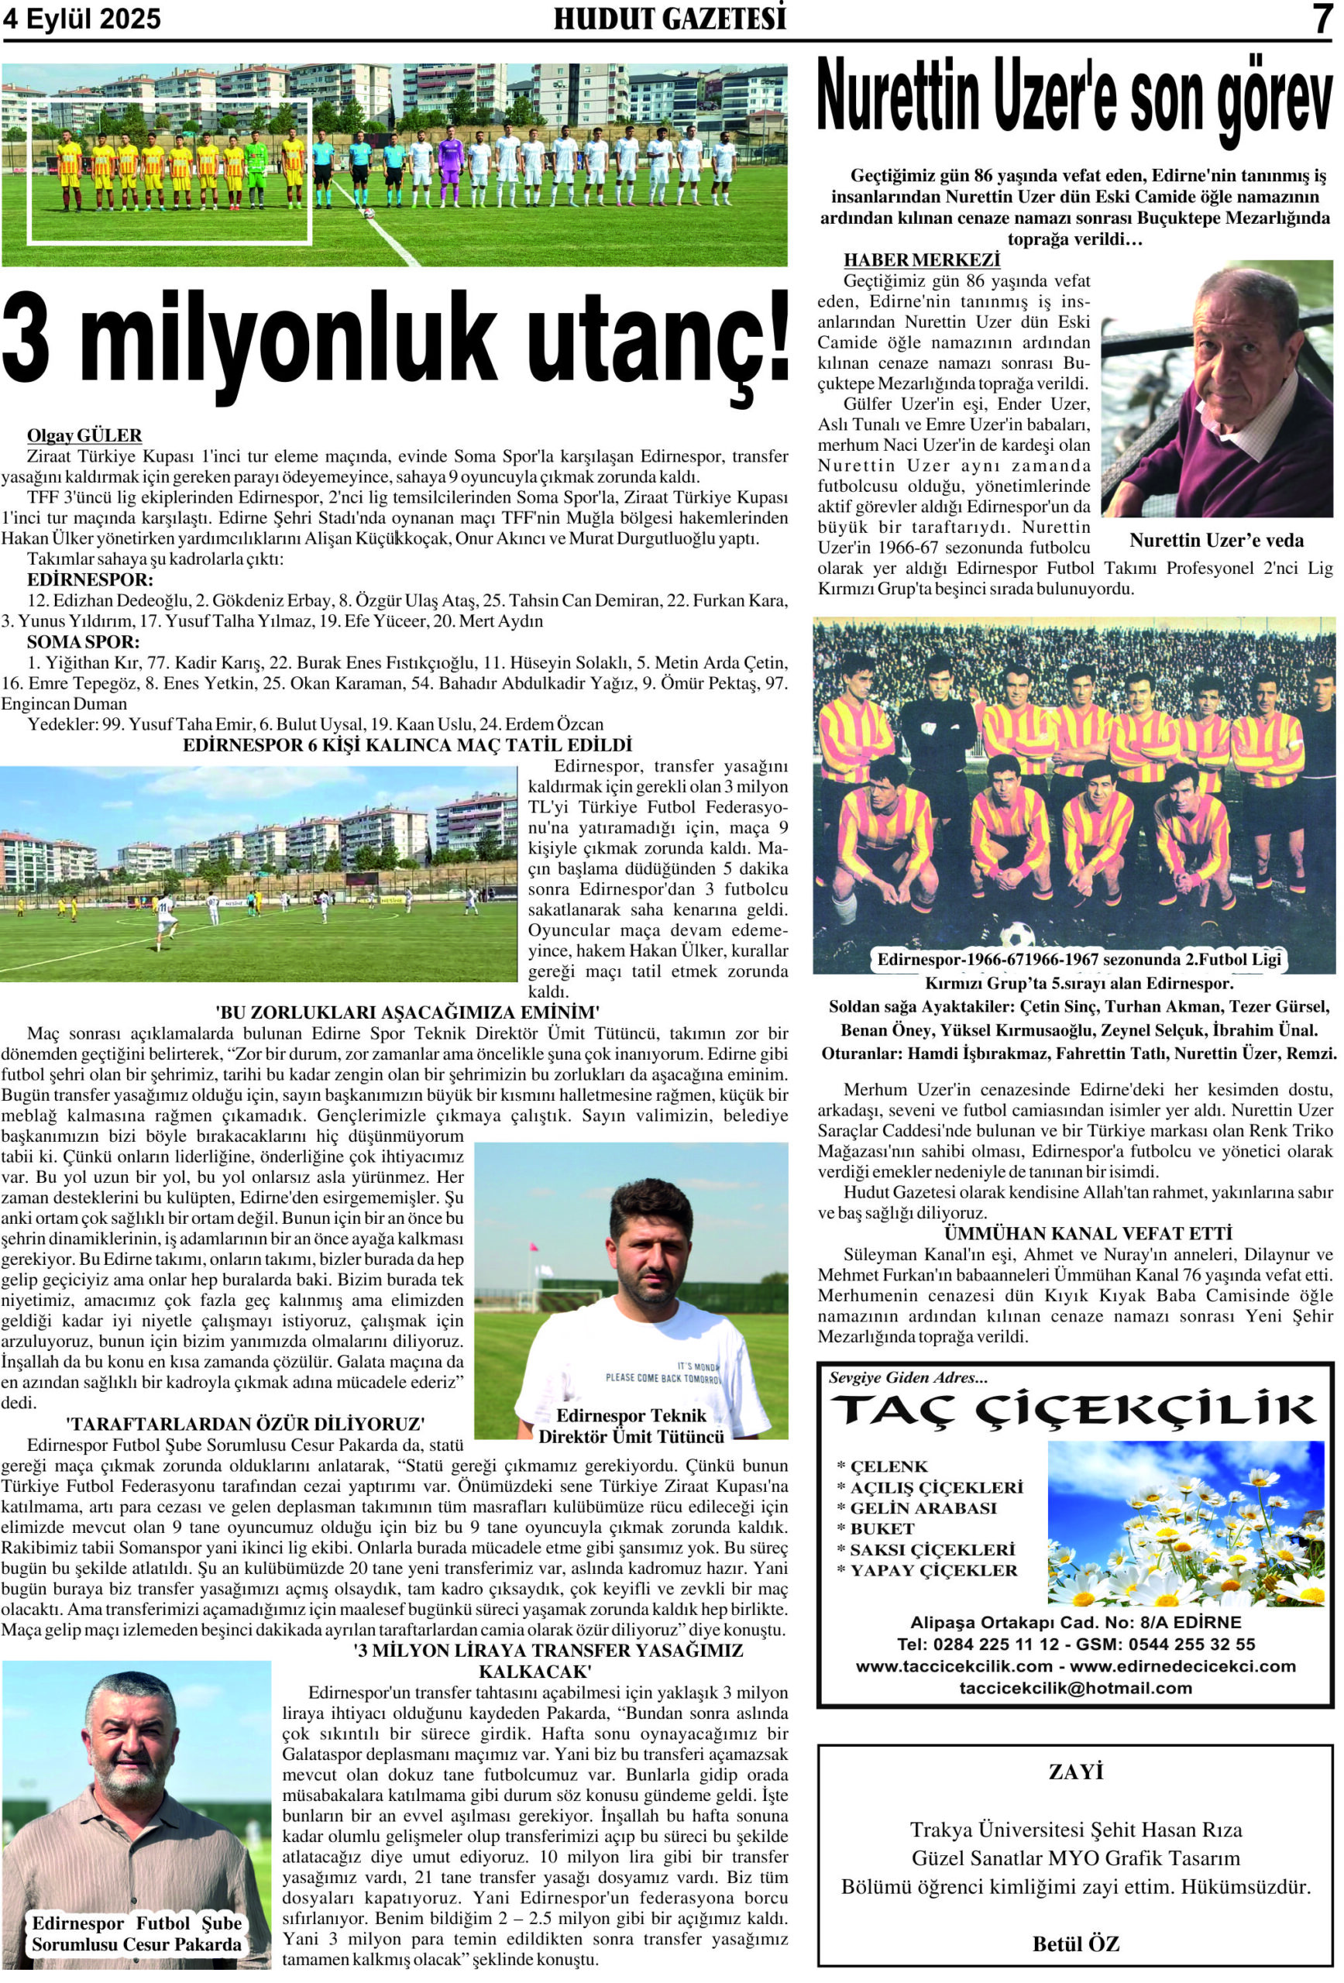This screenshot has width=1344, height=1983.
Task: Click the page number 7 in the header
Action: [1321, 19]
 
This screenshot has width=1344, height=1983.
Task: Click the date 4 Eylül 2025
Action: [82, 19]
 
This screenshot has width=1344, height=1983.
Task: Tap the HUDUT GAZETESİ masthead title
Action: [670, 19]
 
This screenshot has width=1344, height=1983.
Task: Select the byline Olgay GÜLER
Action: [84, 436]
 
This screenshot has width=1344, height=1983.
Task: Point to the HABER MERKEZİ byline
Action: [922, 260]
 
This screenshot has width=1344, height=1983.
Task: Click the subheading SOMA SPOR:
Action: [84, 641]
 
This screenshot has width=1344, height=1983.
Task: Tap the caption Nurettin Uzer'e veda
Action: [1216, 540]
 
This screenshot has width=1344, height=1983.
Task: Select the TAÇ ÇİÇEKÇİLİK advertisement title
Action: [1074, 1411]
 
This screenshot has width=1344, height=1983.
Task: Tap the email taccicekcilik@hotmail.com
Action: [1075, 1688]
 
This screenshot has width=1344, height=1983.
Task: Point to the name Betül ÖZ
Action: [1075, 1943]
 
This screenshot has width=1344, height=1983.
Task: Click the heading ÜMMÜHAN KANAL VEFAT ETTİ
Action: [1088, 1233]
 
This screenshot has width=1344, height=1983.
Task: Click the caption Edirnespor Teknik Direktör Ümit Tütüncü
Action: [631, 1426]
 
